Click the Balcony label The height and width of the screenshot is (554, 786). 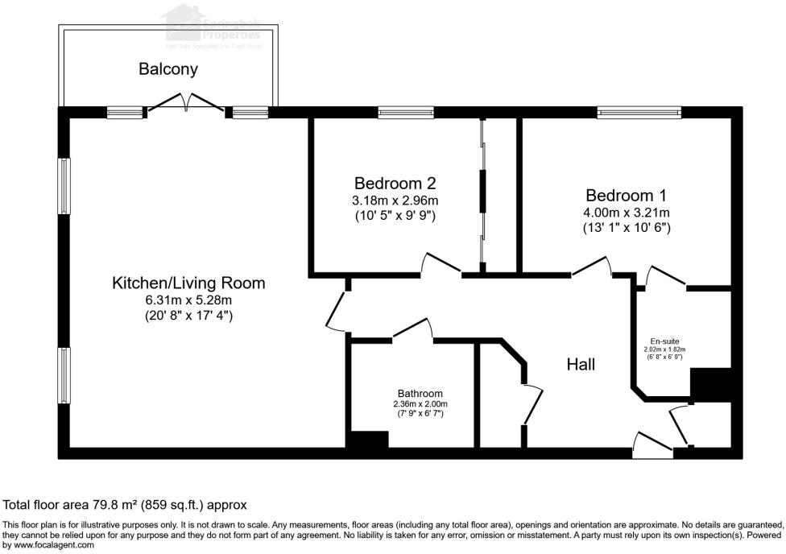pos(168,69)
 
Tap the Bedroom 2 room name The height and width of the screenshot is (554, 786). pos(395,183)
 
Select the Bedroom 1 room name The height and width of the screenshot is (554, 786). pos(626,195)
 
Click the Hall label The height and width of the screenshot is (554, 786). pos(581,365)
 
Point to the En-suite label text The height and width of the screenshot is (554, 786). pos(664,340)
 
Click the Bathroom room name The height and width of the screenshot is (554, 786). pos(419,394)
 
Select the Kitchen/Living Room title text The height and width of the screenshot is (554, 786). pos(188,283)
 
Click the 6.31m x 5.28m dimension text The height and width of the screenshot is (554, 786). pos(184,300)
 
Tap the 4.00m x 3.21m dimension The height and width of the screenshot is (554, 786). pos(627,213)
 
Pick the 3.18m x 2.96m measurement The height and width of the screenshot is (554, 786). pos(395,201)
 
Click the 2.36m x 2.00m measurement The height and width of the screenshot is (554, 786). pos(419,404)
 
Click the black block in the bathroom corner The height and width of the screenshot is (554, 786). pos(367,440)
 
